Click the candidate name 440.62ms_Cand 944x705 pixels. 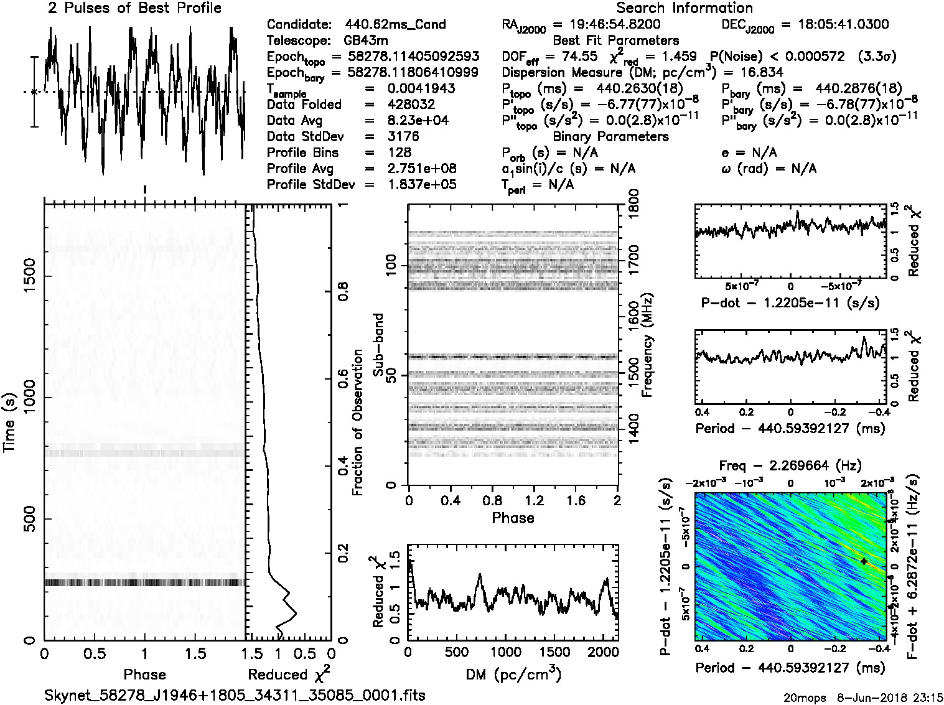tap(395, 25)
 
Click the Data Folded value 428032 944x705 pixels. tap(411, 105)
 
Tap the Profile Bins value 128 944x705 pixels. tap(399, 152)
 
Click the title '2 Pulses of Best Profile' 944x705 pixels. tap(134, 8)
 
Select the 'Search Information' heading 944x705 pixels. tap(685, 8)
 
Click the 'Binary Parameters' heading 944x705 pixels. tap(610, 136)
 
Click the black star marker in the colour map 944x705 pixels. tap(864, 561)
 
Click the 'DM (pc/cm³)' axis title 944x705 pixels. tap(512, 674)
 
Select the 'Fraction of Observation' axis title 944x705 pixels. tap(358, 422)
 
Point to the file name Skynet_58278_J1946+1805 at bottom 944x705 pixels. tap(235, 695)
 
